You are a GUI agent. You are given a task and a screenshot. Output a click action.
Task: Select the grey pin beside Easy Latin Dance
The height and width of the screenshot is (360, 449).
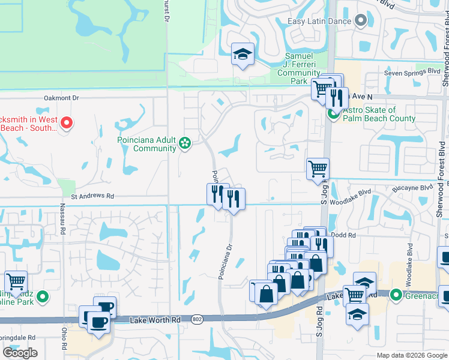(361, 22)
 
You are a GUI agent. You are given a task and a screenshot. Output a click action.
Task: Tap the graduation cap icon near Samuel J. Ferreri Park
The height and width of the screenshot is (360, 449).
(243, 55)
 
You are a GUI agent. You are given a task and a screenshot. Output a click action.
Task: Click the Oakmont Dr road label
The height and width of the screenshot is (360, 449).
(61, 97)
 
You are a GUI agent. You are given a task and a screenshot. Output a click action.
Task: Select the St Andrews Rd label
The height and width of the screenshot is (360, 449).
(92, 196)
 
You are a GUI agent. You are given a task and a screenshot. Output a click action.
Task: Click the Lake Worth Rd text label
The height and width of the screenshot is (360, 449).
(155, 321)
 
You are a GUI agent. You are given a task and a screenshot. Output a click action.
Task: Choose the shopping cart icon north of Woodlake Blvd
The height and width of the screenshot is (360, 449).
(318, 169)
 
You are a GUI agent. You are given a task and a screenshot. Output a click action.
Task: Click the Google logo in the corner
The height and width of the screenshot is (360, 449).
(20, 353)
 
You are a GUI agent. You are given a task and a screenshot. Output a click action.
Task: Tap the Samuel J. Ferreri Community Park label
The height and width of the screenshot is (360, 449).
(298, 68)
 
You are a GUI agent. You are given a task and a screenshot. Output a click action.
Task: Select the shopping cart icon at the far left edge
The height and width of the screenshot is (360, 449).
(15, 281)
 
